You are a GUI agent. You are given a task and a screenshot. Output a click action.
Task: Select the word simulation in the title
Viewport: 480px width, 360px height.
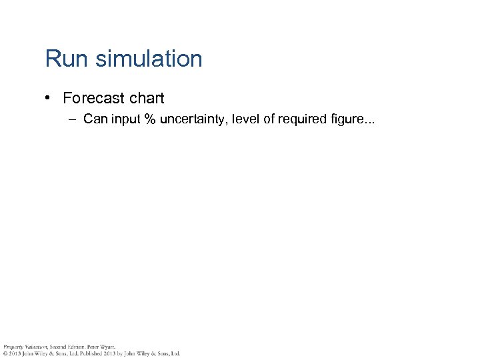coord(149,59)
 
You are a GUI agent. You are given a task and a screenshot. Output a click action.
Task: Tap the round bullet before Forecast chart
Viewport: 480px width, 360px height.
coord(49,98)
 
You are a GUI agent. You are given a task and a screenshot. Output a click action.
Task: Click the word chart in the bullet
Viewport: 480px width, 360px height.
coord(147,98)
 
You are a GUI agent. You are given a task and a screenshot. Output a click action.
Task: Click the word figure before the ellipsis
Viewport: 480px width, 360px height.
coord(347,121)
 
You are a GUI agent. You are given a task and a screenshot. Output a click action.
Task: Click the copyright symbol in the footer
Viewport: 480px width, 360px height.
coord(4,353)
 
